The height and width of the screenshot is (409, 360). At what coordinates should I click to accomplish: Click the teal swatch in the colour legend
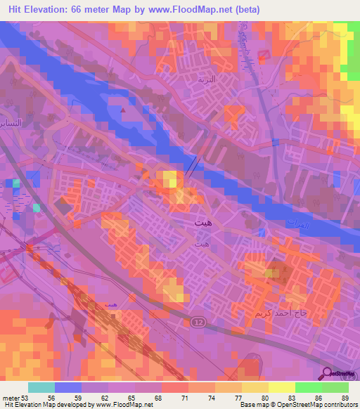(41, 387)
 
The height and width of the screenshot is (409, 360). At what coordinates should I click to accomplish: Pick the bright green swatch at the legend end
(335, 387)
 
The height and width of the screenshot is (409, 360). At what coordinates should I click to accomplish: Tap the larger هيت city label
(201, 223)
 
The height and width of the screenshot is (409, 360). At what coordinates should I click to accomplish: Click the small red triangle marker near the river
(124, 110)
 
